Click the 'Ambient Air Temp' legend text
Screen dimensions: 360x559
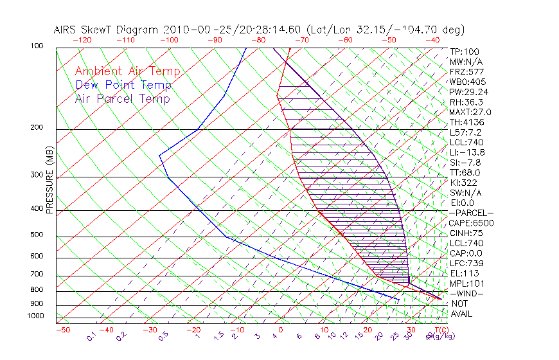pyautogui.click(x=127, y=71)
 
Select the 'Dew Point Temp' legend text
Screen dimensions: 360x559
pyautogui.click(x=123, y=85)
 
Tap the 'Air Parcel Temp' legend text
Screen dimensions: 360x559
pyautogui.click(x=122, y=98)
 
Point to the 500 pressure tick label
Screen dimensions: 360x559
pyautogui.click(x=37, y=235)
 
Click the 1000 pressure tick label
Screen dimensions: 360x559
pyautogui.click(x=35, y=316)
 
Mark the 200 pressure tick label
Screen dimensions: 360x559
pyautogui.click(x=37, y=128)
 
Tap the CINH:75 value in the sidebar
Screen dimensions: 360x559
pyautogui.click(x=465, y=233)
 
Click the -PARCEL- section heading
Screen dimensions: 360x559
pyautogui.click(x=471, y=213)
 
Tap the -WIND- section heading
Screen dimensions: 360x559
pyautogui.click(x=467, y=293)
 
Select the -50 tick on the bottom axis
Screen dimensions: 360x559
pyautogui.click(x=62, y=330)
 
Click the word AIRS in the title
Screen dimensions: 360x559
pyautogui.click(x=67, y=30)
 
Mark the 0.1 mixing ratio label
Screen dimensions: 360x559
pyautogui.click(x=91, y=335)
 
